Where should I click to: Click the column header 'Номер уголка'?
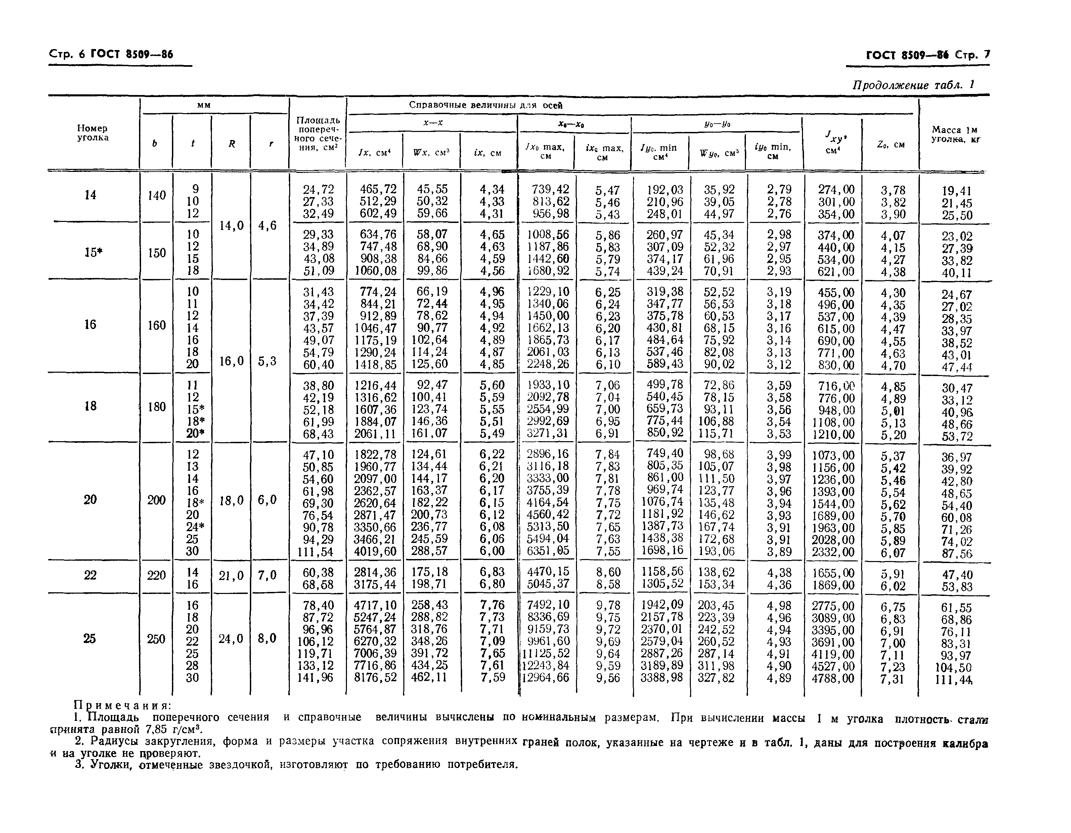93,133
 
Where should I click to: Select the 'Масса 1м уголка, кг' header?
954,134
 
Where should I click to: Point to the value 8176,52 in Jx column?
375,678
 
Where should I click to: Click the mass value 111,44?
953,680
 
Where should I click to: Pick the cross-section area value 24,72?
319,189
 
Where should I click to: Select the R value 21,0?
231,575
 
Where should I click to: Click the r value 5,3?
267,361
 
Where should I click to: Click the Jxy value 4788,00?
833,679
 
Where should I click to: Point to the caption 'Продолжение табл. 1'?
912,85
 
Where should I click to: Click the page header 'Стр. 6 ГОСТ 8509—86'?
111,54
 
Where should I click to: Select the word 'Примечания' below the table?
122,705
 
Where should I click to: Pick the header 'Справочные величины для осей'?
486,105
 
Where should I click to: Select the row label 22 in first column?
90,575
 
